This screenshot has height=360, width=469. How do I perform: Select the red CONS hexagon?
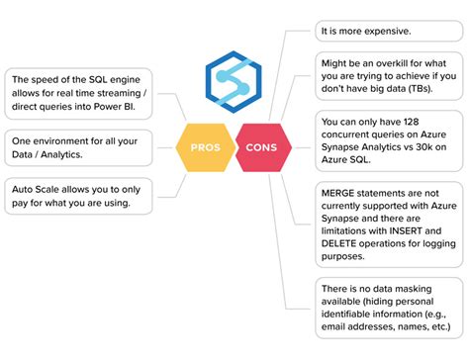[261, 149]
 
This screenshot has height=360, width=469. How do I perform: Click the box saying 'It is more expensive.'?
[388, 31]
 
